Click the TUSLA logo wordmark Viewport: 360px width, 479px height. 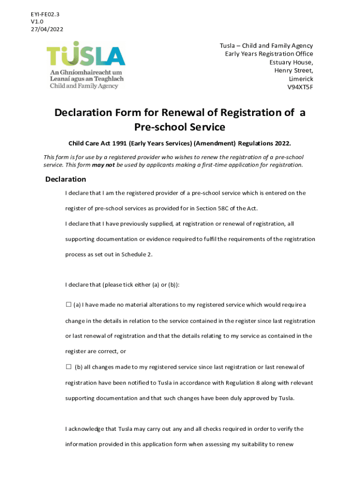[86, 56]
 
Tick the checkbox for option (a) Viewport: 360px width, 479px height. [68, 305]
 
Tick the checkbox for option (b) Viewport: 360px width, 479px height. [68, 367]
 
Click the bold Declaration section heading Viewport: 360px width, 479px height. [65, 179]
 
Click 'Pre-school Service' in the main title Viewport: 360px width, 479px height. [180, 127]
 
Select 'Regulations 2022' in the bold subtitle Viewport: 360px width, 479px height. [267, 143]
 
